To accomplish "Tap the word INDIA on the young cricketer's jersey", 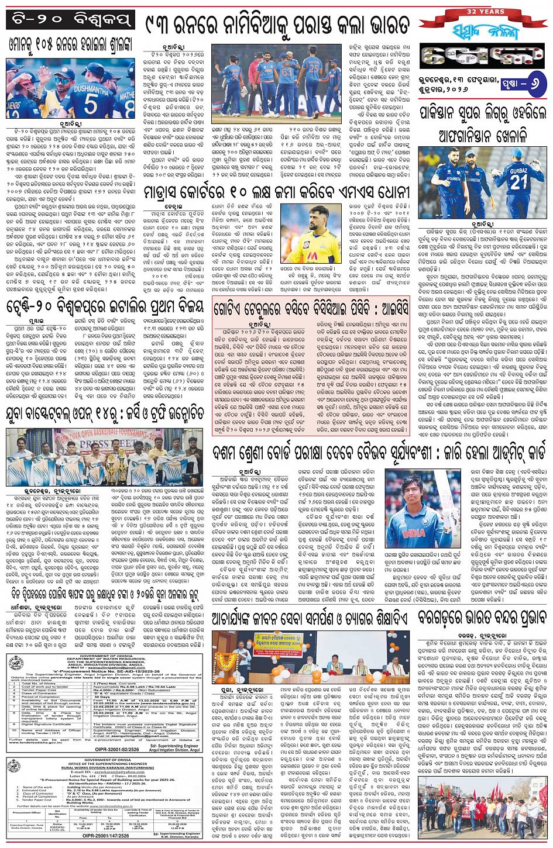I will (413, 533).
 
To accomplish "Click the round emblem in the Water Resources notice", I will (14, 665).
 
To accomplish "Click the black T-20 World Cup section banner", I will (72, 21).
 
